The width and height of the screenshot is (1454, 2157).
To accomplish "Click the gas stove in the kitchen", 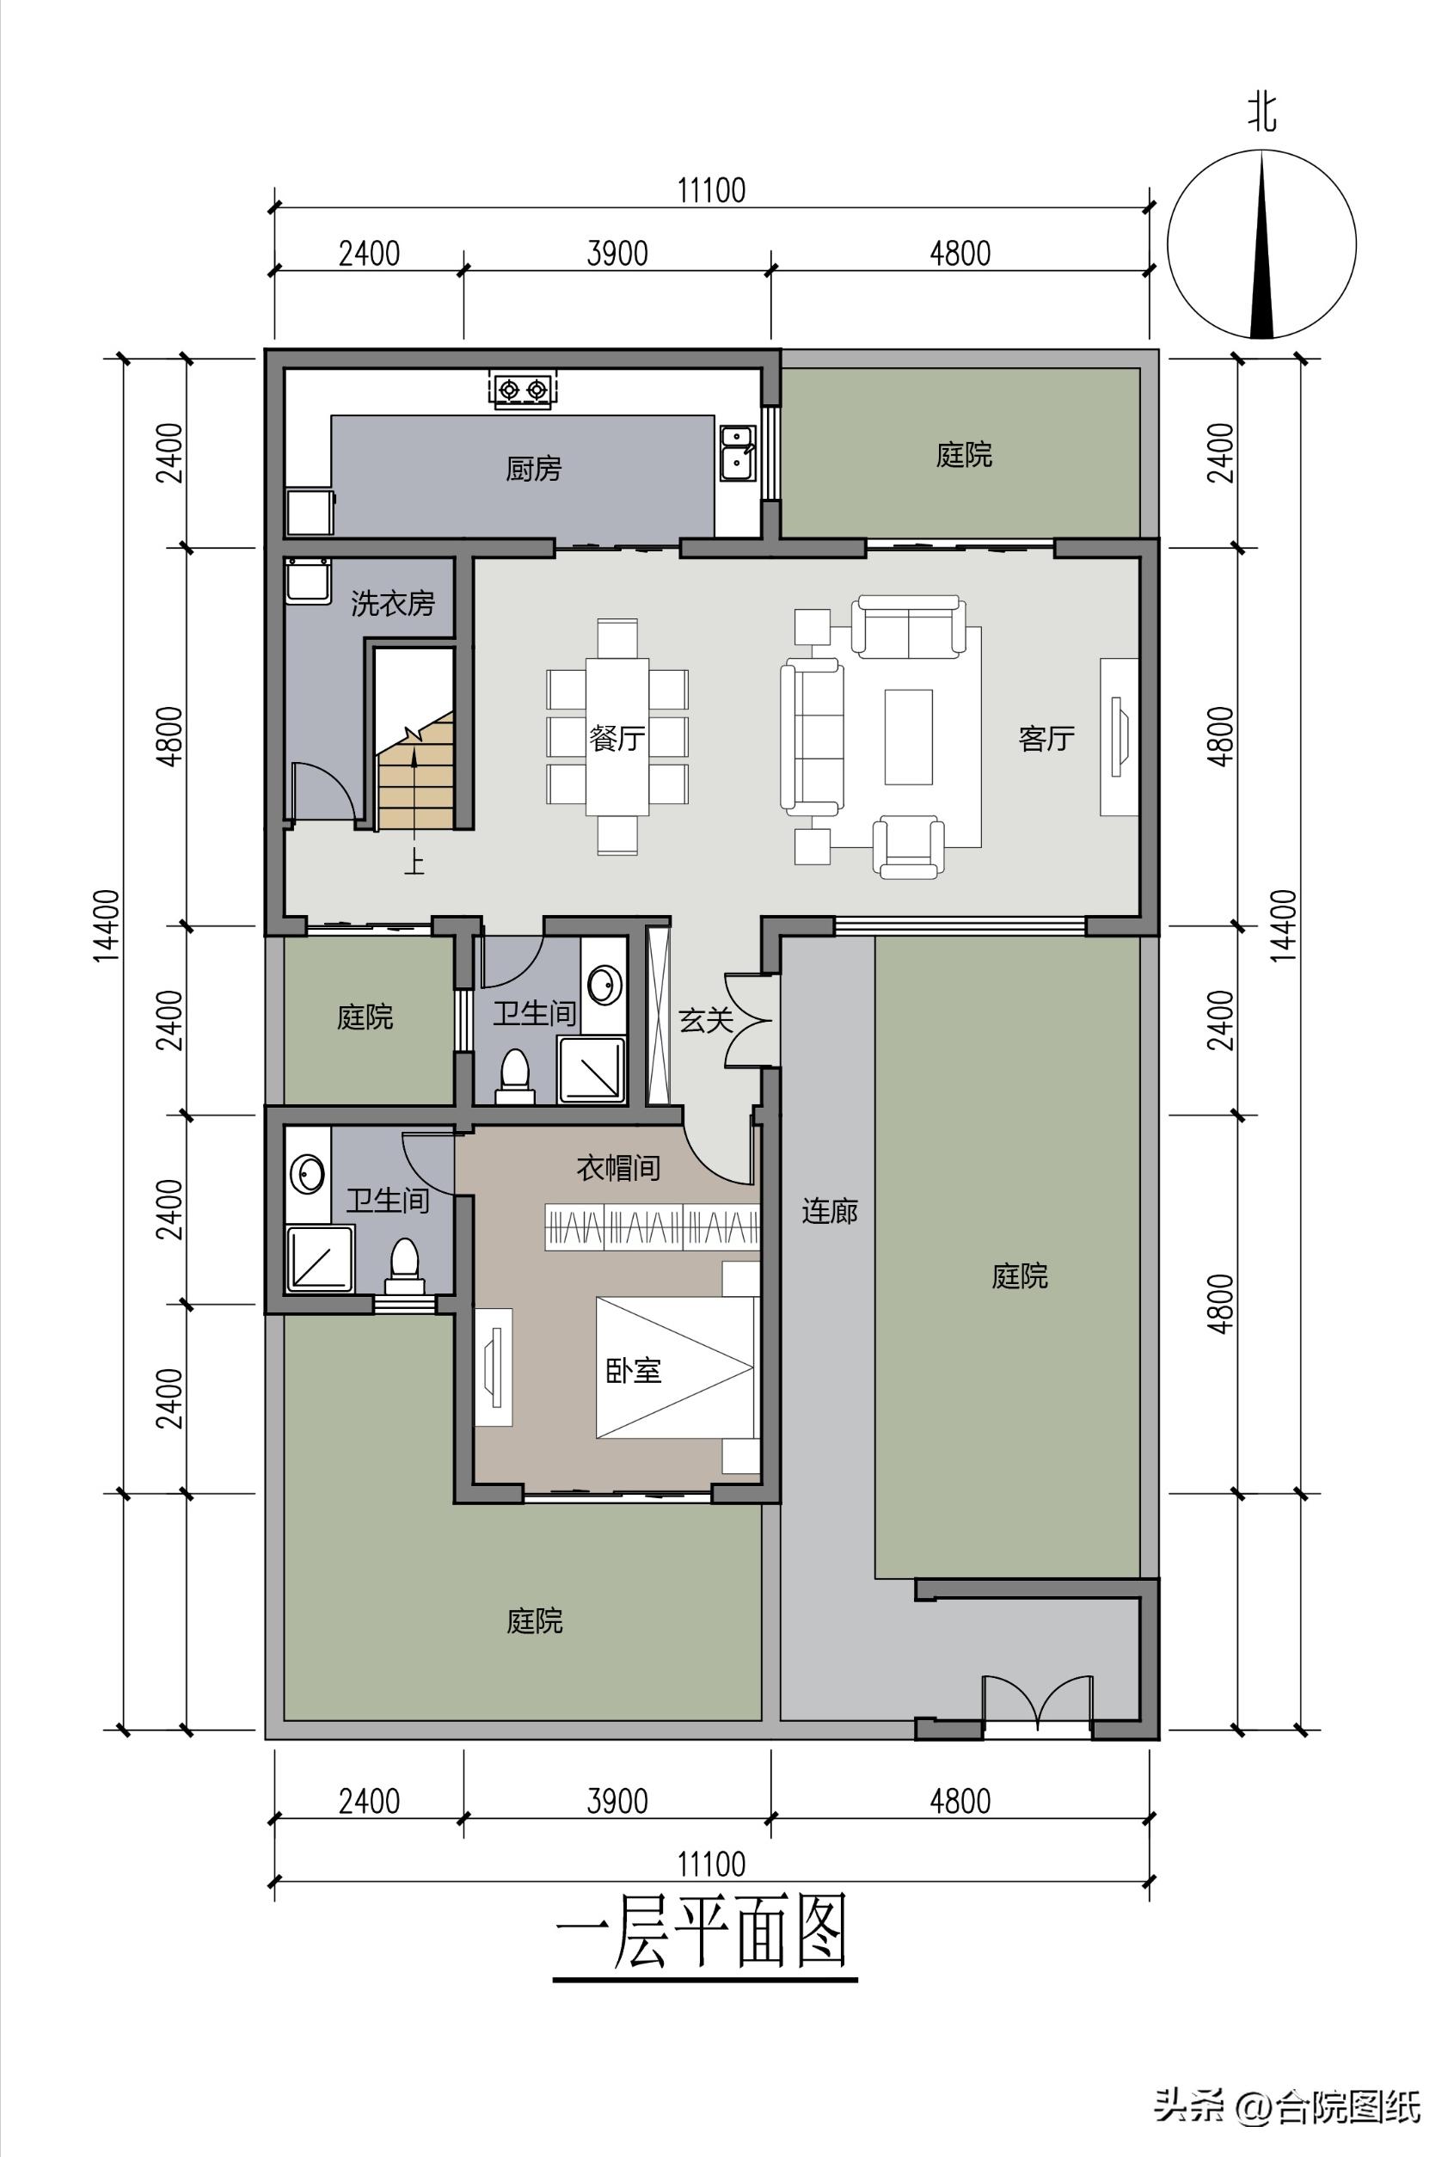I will tap(522, 390).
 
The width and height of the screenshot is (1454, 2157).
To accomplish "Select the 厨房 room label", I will tap(533, 470).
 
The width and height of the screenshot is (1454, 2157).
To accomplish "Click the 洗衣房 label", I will tap(392, 604).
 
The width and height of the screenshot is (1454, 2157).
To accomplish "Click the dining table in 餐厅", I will tap(617, 736).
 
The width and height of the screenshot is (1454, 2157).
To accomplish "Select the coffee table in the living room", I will tap(908, 736).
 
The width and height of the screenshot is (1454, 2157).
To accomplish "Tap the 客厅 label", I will tap(1046, 738).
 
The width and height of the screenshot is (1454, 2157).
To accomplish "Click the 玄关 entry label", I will tap(706, 1020).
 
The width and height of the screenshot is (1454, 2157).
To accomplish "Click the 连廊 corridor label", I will tap(829, 1211).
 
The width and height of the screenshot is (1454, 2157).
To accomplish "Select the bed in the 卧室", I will tap(675, 1367).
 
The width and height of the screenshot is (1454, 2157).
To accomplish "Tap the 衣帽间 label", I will tap(617, 1168).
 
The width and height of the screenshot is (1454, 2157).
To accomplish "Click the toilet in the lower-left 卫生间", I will tap(404, 1266).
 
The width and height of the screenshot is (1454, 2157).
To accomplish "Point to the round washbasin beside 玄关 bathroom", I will tap(604, 985).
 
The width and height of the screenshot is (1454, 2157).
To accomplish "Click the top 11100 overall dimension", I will tap(711, 190).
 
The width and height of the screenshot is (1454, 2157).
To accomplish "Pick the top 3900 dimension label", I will tap(617, 253).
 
